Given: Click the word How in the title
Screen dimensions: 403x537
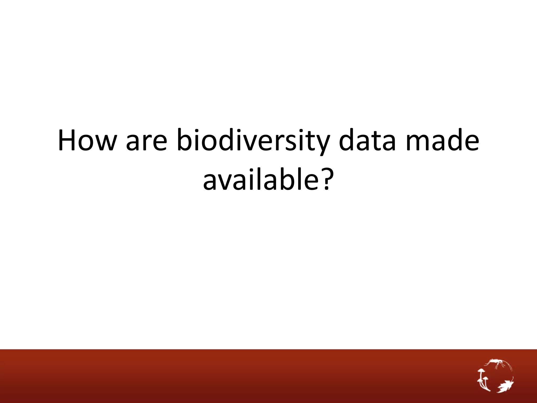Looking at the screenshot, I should tap(87, 140).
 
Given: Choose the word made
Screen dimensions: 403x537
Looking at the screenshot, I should tap(442, 140).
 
